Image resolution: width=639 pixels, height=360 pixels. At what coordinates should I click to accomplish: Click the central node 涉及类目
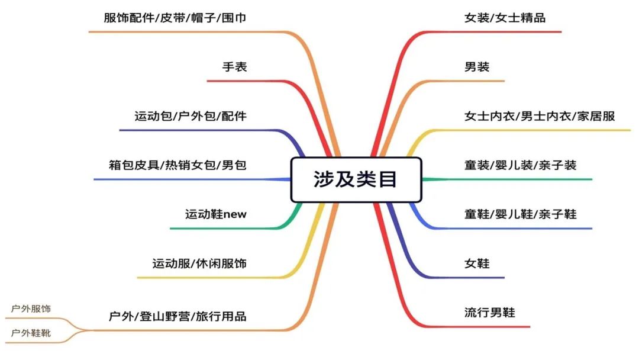coord(356,179)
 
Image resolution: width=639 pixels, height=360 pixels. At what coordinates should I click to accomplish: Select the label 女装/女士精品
coord(505,18)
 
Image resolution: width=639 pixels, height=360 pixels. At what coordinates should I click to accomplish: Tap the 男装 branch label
coord(477,67)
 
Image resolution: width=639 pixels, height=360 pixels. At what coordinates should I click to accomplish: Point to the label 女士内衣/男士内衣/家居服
coord(540,116)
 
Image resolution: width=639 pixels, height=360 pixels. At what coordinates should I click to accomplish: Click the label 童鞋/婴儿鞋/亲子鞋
coord(520,214)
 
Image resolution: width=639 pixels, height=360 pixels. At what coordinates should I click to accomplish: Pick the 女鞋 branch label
coord(477,263)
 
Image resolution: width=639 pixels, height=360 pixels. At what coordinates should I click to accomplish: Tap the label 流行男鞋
coord(489,312)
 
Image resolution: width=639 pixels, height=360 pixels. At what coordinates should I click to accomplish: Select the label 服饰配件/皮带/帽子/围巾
coord(175,18)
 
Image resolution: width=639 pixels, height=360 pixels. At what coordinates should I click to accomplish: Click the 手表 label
coord(234,67)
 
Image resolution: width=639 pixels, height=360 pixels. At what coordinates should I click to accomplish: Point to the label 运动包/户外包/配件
coord(190,116)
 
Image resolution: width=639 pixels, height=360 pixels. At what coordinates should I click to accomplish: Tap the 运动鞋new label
coord(215,214)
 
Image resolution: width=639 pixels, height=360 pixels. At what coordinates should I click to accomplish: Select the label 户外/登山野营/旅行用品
coord(177,316)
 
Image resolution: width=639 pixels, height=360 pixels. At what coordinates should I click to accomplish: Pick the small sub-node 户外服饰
coord(31,309)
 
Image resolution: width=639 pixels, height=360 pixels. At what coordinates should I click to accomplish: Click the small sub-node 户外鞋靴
coord(31,333)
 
